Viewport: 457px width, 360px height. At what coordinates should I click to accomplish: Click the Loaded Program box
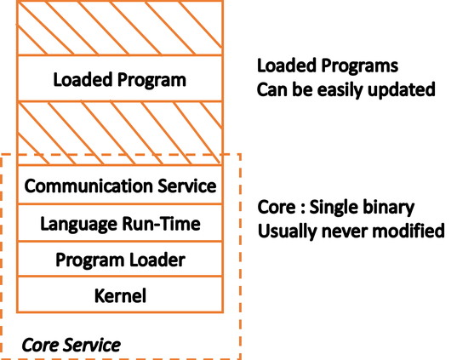point(120,78)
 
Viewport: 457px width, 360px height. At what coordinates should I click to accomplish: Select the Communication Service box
point(120,185)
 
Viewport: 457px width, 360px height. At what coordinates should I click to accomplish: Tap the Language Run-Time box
point(120,223)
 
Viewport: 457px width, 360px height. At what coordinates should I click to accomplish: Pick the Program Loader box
point(120,259)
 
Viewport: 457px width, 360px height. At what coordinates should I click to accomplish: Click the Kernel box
point(120,294)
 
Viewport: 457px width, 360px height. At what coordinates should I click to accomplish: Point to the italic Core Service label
point(71,346)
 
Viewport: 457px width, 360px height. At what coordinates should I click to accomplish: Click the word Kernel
point(120,295)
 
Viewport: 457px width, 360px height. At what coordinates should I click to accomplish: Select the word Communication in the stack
point(89,186)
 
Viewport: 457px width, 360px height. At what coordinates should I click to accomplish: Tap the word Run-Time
point(161,224)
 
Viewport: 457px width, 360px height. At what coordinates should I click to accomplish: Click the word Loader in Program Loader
point(157,260)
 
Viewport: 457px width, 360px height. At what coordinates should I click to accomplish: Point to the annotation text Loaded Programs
point(328,66)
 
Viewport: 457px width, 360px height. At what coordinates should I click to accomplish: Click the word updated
point(402,89)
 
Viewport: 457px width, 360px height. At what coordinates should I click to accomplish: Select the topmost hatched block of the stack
point(120,28)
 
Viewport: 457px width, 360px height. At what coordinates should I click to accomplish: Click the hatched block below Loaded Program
point(120,133)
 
